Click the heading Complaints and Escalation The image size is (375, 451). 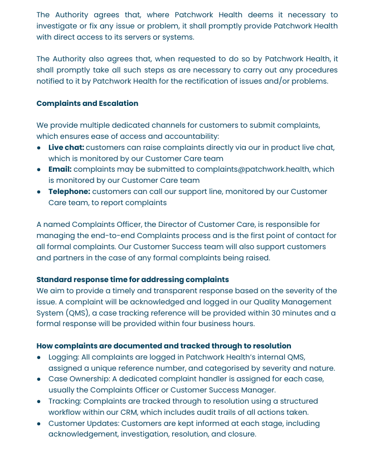pyautogui.click(x=87, y=103)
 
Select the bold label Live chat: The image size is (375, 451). pyautogui.click(x=66, y=147)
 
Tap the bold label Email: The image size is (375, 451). pyautogui.click(x=60, y=169)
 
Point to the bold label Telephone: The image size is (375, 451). pyautogui.click(x=69, y=191)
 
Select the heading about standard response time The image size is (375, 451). pyautogui.click(x=133, y=279)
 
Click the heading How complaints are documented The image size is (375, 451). pyautogui.click(x=164, y=346)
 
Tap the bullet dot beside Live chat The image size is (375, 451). pyautogui.click(x=38, y=148)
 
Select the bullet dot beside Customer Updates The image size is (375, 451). pyautogui.click(x=38, y=424)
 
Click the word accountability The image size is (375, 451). pyautogui.click(x=191, y=136)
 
